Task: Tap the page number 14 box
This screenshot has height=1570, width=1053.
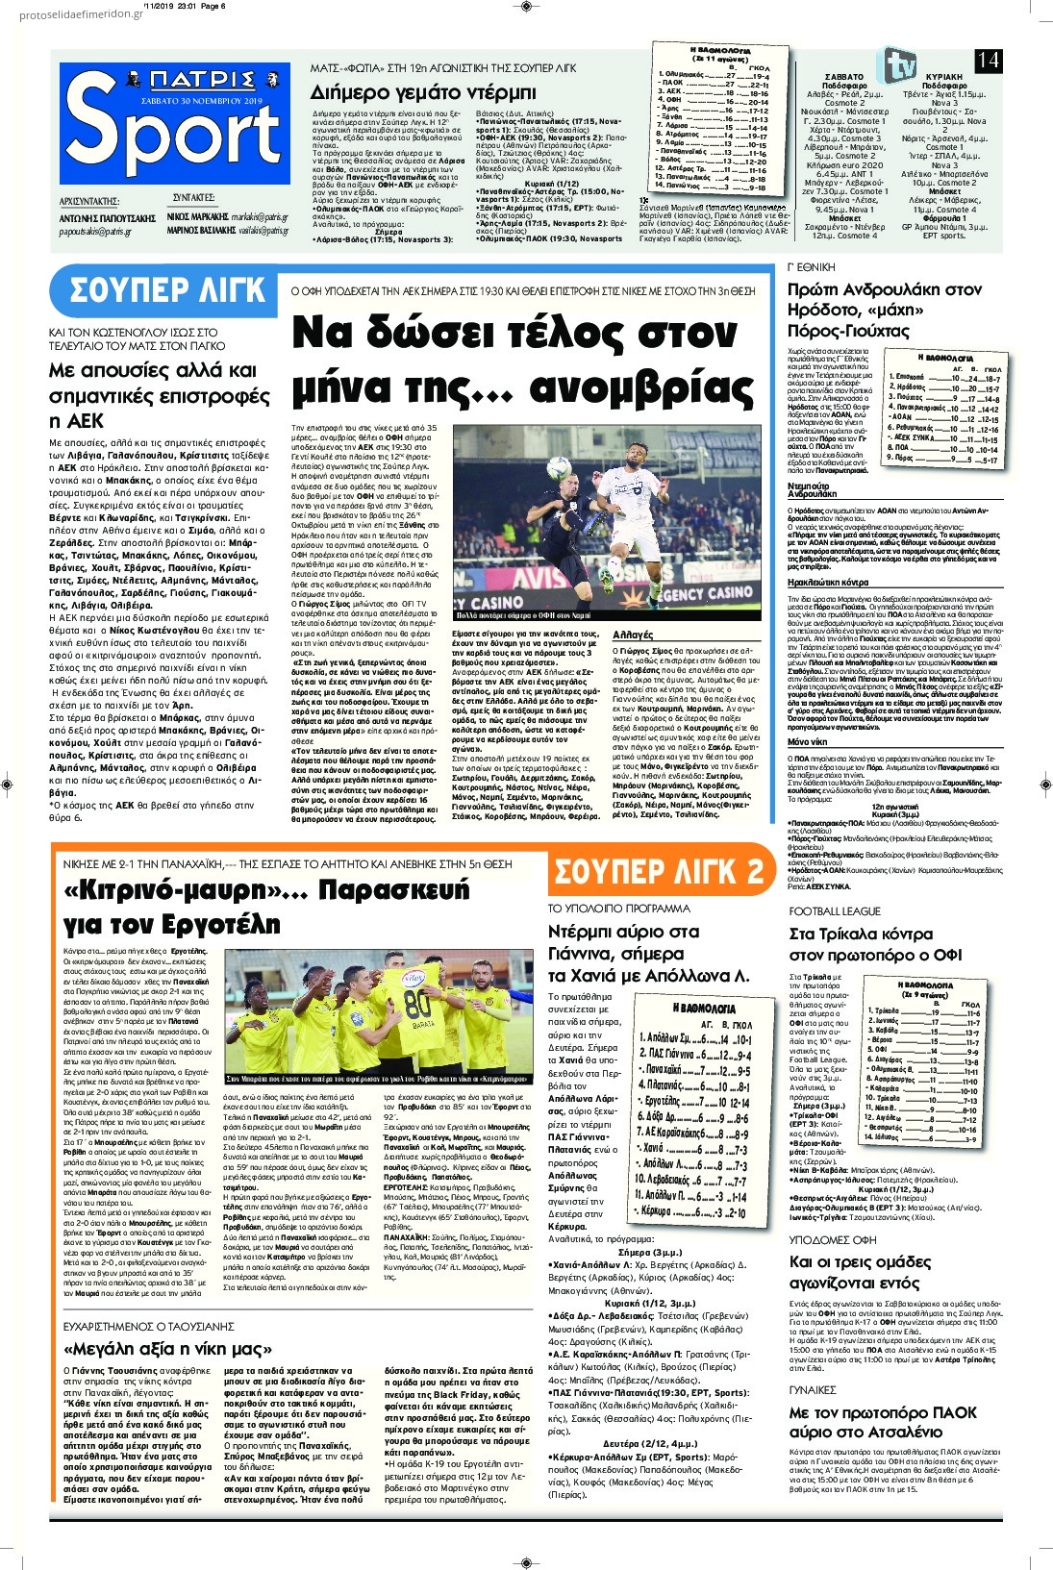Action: point(988,61)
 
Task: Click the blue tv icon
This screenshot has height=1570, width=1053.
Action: point(900,64)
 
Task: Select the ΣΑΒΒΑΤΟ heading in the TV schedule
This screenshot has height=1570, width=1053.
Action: point(843,77)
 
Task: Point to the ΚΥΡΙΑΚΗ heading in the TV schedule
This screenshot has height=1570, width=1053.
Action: point(943,77)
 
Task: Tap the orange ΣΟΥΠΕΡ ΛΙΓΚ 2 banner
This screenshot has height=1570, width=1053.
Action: point(660,871)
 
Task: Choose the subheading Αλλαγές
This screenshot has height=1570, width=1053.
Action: point(633,635)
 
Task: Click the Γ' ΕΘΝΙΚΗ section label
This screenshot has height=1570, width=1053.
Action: point(812,266)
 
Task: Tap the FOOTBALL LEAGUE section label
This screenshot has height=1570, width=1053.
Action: point(835,911)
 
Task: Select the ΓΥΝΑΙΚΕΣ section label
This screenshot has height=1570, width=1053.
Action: point(813,1390)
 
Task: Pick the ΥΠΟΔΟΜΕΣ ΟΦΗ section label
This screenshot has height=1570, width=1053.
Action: point(833,1240)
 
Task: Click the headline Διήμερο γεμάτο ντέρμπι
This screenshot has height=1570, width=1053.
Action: point(423,92)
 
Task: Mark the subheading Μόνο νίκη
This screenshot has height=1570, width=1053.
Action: point(809,742)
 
